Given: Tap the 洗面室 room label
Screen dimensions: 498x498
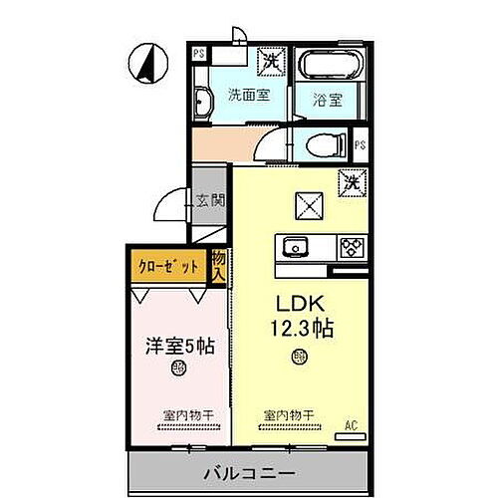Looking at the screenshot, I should (248, 97).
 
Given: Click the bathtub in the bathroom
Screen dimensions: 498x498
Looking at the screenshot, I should (323, 67).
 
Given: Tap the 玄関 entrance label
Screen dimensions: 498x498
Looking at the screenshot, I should (211, 200).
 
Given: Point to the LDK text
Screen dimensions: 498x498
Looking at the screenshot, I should (299, 303).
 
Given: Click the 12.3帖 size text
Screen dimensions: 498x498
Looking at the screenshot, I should (299, 327).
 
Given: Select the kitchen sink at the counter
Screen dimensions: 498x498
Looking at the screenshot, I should (297, 245).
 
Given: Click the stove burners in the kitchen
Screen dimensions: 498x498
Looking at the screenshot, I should (354, 246).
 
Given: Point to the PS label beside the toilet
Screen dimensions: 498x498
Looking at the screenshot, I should (360, 145).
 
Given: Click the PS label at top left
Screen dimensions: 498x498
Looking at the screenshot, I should (200, 53).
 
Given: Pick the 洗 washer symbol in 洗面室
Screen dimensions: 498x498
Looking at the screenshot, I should (270, 61).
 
